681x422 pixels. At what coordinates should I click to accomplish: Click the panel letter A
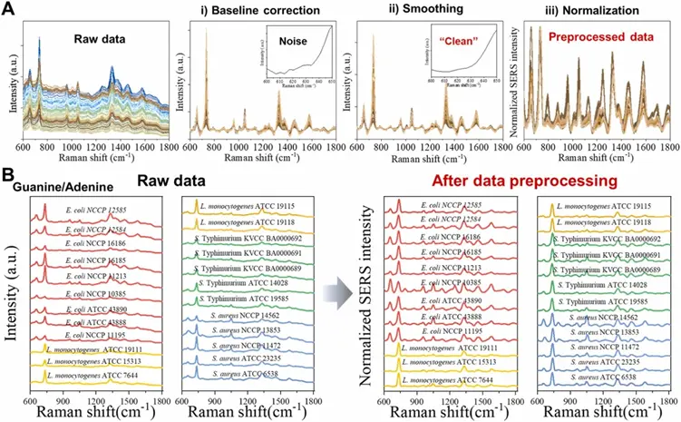click(8, 9)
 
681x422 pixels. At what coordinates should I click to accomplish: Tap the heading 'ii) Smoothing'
click(404, 11)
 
